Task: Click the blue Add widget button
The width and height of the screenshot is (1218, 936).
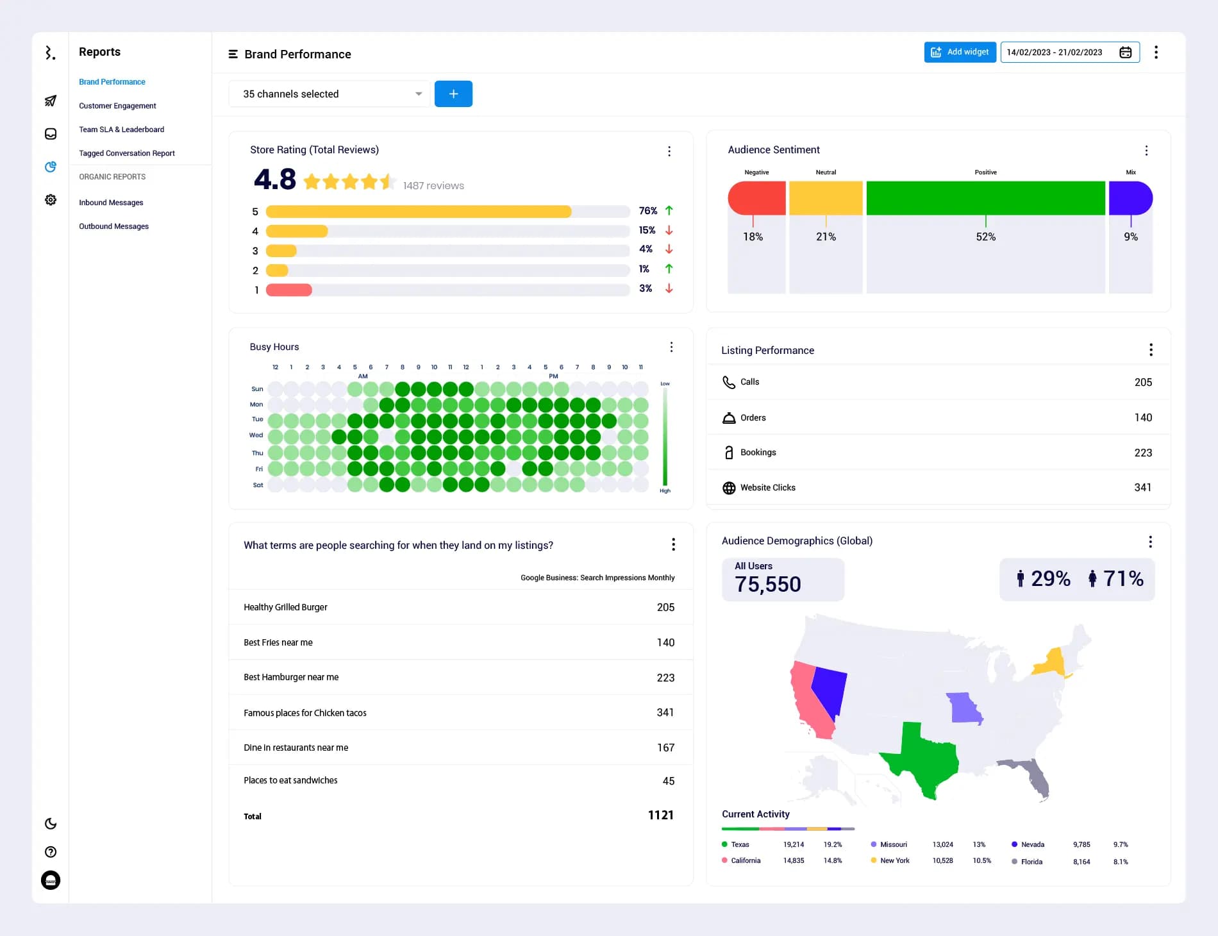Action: (960, 52)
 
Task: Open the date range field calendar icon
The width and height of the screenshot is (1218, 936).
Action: (1125, 52)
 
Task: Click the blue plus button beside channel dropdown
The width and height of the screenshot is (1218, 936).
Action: (453, 94)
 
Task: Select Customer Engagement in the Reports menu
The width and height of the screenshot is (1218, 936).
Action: (117, 106)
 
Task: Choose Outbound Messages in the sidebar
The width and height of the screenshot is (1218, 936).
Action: (113, 226)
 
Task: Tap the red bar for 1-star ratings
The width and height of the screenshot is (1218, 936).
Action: (288, 290)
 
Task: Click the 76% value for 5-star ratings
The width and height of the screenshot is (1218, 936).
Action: (647, 211)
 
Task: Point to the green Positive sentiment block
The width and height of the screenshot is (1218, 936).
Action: (985, 198)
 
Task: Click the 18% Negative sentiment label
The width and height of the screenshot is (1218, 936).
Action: (753, 237)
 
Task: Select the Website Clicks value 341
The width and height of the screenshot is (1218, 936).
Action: (1142, 487)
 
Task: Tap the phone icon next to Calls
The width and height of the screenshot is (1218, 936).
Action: (729, 382)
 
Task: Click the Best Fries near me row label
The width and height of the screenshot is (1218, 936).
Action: (278, 642)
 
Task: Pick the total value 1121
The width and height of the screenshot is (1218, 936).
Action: (660, 815)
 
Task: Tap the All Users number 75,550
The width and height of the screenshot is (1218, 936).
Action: (767, 584)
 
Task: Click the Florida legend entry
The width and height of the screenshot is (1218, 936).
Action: (1031, 862)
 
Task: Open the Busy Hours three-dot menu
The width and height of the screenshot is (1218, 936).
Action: (671, 347)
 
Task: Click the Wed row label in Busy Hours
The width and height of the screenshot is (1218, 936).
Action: (256, 435)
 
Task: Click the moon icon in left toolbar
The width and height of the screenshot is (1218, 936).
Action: (51, 824)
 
